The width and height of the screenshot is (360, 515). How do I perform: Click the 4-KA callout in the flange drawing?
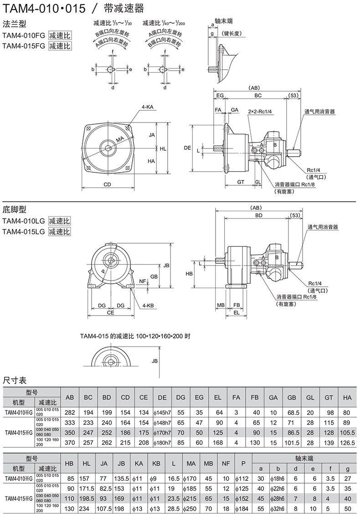147,107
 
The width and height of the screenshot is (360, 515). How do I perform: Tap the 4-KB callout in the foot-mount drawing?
147,305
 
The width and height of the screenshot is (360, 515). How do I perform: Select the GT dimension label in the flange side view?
242,182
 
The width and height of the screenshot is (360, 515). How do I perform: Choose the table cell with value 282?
70,413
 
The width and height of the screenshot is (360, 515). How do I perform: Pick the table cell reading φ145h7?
162,413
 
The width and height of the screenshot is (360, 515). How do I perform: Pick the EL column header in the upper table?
217,398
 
